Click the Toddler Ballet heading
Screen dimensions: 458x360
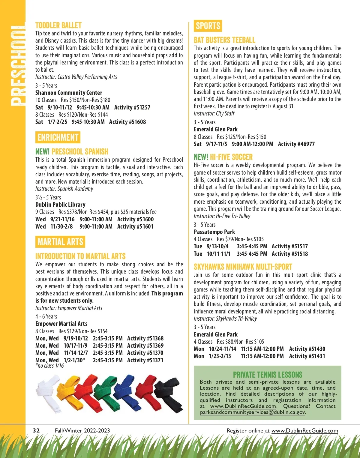coord(58,25)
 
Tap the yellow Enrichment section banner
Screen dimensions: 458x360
coord(58,137)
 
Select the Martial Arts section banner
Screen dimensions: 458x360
coord(60,242)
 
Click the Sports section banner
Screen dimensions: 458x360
coord(208,26)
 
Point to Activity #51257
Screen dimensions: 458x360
coord(132,107)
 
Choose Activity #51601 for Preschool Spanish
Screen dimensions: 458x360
coord(135,226)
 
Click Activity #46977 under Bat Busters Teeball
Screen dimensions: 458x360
coord(296,144)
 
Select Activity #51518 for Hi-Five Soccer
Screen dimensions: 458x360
coord(289,254)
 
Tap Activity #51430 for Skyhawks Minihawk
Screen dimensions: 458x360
coord(307,349)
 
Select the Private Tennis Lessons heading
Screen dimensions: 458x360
coord(268,375)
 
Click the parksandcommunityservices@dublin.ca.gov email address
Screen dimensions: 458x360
coord(252,412)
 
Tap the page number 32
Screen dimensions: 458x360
coord(36,430)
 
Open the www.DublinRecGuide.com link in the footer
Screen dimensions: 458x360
coord(304,431)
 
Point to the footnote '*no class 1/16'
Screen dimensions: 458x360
coord(49,366)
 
